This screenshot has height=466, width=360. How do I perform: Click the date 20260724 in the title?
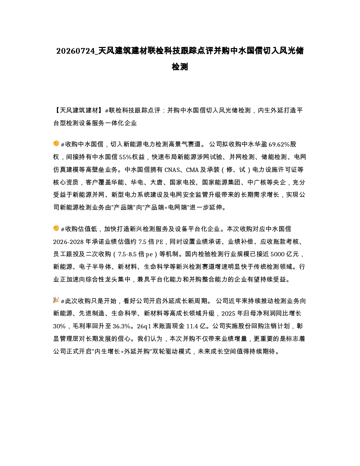76,51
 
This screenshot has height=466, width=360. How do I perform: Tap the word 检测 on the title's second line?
180,67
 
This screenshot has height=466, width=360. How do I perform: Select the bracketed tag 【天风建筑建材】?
79,110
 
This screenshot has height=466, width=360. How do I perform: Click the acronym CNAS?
172,170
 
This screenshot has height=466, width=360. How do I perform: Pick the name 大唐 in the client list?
156,183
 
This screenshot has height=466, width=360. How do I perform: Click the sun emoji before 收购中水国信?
56,143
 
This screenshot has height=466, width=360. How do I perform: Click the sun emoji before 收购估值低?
56,228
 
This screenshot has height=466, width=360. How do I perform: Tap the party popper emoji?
56,300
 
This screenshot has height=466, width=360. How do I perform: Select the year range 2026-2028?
68,242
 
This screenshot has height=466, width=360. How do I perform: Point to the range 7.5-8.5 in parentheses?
127,255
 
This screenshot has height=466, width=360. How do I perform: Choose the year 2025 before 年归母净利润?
228,314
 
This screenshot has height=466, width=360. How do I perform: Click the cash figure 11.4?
192,327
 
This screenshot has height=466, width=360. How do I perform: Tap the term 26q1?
144,327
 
